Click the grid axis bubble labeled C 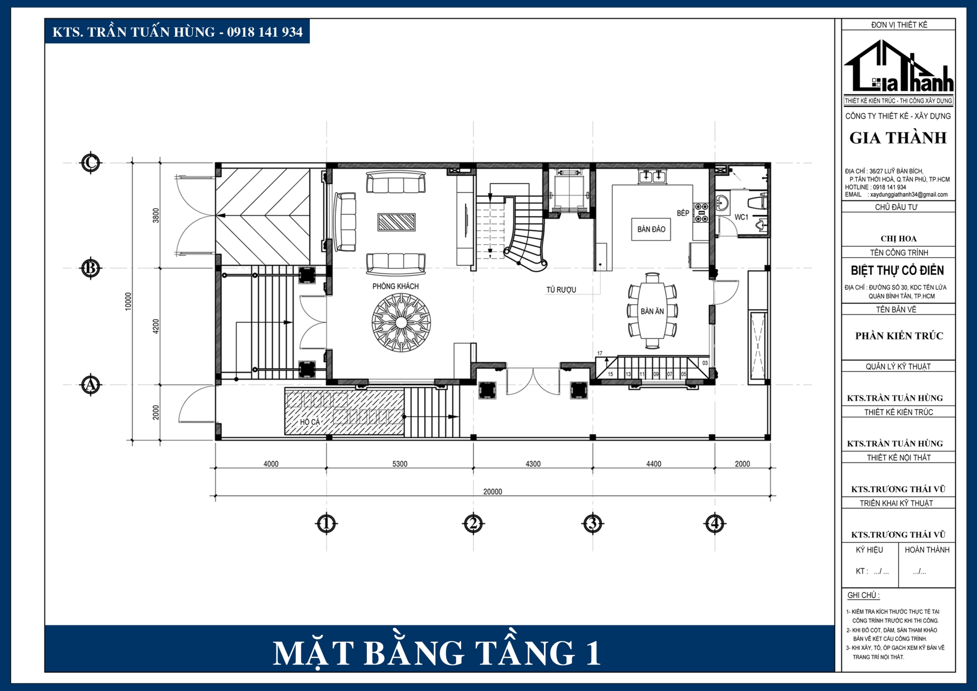[91, 163]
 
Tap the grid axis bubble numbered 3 [592, 523]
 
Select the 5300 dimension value [399, 464]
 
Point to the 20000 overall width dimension [492, 492]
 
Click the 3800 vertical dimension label [156, 215]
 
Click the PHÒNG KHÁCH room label [395, 286]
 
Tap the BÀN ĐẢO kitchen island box [651, 229]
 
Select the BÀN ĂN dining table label [652, 311]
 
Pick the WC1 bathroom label [741, 217]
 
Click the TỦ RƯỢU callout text [561, 290]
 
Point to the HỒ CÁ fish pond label [310, 421]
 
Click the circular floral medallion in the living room [401, 322]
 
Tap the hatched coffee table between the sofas [396, 222]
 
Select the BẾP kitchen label [682, 213]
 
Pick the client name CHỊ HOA [898, 239]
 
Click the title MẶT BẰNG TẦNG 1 [437, 652]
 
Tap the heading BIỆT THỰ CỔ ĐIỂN [897, 270]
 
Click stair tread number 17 [599, 353]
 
